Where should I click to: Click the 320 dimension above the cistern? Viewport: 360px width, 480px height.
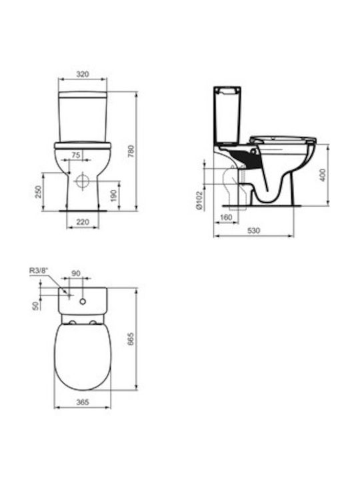point(83,74)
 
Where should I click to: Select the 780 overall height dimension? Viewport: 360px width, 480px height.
point(131,151)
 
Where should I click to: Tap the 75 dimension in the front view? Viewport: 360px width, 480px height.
point(75,155)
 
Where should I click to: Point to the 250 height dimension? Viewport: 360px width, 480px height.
point(38,192)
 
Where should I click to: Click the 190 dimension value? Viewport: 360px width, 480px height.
point(113,195)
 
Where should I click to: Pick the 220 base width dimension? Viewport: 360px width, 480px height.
point(83,222)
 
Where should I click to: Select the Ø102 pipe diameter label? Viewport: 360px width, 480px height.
point(199,201)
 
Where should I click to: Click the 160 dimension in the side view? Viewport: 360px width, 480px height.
point(226,217)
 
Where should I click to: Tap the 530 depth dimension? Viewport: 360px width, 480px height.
point(253,230)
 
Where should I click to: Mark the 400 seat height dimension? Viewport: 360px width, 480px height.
point(323,175)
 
